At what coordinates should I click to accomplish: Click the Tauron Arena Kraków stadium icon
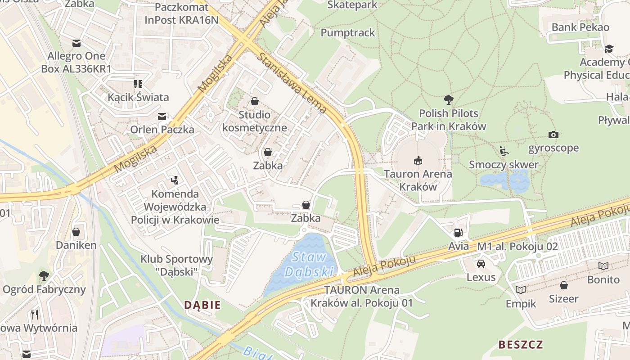[418, 160]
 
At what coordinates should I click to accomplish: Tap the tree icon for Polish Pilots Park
[448, 99]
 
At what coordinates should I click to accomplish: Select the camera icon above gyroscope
[553, 135]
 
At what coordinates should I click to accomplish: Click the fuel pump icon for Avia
[458, 233]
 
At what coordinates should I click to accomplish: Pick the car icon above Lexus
[481, 263]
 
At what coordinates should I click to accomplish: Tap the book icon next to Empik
[521, 290]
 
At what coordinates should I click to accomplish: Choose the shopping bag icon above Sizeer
[563, 285]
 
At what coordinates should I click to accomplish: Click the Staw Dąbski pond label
[310, 265]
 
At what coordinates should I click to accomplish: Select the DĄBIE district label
[202, 305]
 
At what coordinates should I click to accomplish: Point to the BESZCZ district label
[520, 345]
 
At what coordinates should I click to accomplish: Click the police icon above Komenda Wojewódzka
[175, 180]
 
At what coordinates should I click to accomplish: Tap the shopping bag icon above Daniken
[76, 232]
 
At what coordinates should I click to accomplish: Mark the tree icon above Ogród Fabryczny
[44, 275]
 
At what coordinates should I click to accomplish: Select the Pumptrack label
[347, 32]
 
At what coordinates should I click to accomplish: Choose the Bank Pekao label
[580, 27]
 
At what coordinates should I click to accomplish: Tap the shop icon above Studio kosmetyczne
[254, 101]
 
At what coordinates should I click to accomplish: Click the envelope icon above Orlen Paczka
[162, 117]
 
